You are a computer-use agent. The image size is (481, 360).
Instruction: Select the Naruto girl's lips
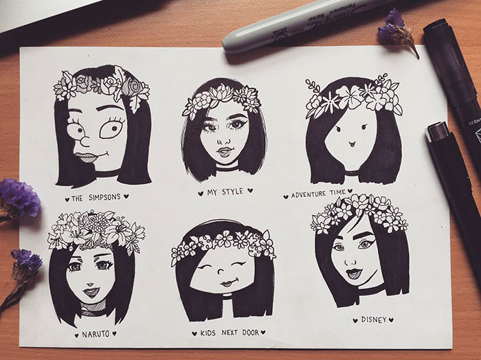coord(90,291)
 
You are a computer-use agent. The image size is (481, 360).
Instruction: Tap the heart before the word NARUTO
coord(76,335)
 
